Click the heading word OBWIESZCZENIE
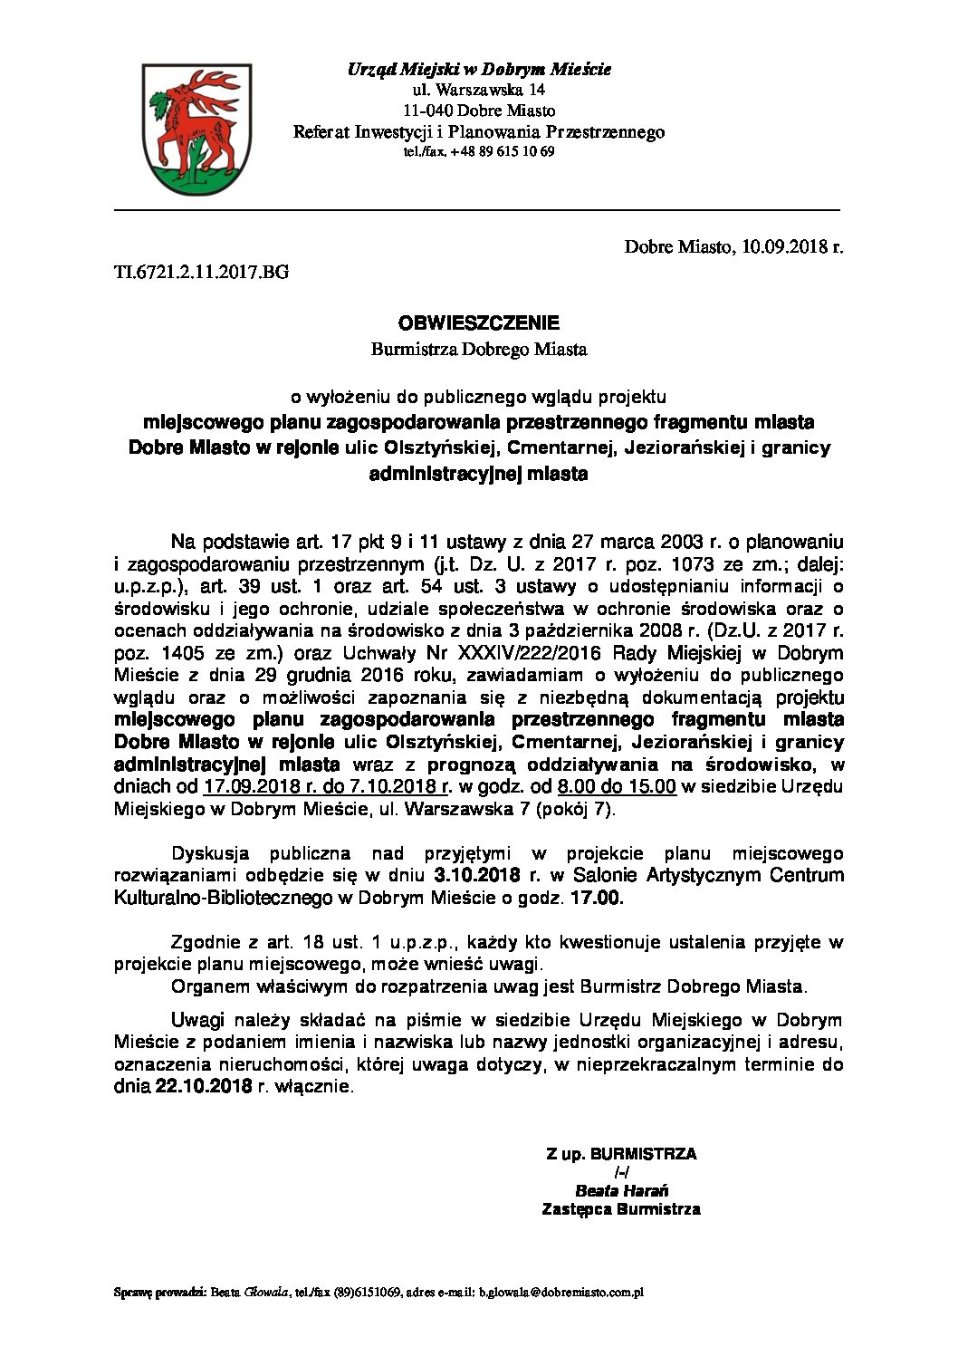point(479,322)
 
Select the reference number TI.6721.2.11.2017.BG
point(201,270)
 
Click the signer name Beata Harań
point(620,1190)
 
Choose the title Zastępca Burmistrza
point(620,1208)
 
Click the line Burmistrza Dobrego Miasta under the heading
point(479,347)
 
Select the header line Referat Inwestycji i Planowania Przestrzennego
point(479,132)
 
